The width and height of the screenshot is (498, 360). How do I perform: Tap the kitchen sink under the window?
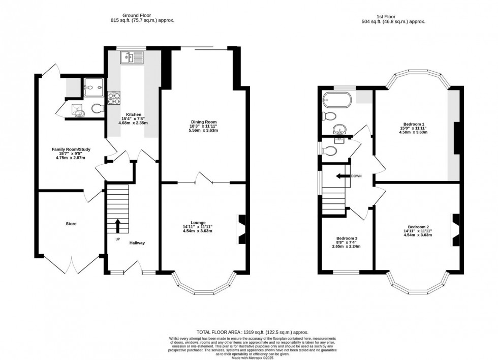(133, 57)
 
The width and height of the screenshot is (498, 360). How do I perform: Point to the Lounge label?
(198, 222)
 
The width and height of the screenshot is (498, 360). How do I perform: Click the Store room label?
(71, 223)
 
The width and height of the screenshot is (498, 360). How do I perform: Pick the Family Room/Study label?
(71, 149)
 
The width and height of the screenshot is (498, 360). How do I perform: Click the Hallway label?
(137, 243)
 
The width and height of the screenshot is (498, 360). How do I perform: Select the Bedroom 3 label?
(347, 238)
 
